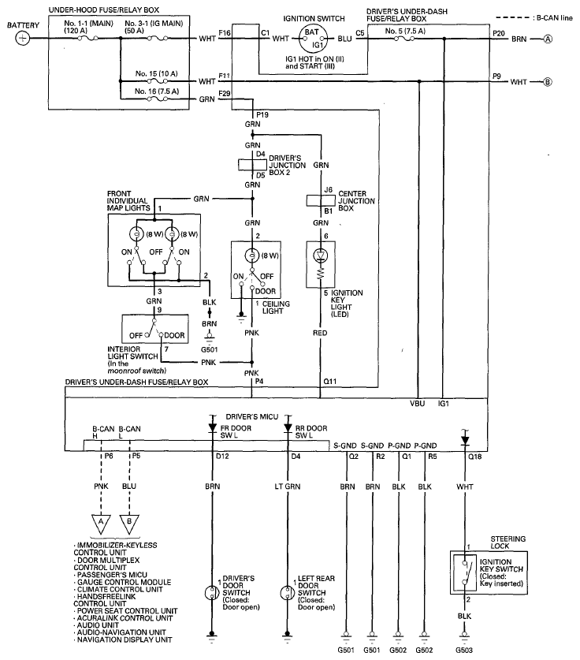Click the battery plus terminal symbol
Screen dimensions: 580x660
[x=22, y=39]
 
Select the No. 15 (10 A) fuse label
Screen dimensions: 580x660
[x=157, y=73]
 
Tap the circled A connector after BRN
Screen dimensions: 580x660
[x=548, y=39]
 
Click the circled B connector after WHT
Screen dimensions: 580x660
[x=548, y=82]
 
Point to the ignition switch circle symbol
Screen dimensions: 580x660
[x=312, y=39]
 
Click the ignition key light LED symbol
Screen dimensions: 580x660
[x=321, y=255]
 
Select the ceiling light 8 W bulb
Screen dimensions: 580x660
[x=252, y=255]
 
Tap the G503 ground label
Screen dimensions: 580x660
[x=464, y=650]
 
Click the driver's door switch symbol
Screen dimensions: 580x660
[x=211, y=593]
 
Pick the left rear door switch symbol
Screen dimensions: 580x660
[x=287, y=593]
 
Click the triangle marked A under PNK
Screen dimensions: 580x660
[x=101, y=524]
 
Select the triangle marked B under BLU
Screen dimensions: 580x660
[x=129, y=524]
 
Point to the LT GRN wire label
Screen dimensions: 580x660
[x=288, y=487]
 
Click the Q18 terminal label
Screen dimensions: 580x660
[x=475, y=457]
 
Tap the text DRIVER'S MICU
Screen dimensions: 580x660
[x=252, y=416]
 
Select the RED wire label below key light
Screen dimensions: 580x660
[x=320, y=333]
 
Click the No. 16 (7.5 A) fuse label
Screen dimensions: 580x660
[x=157, y=91]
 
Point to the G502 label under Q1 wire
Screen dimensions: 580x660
[x=398, y=650]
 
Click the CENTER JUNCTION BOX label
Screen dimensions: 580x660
[x=357, y=201]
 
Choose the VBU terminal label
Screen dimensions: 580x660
[x=417, y=404]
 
